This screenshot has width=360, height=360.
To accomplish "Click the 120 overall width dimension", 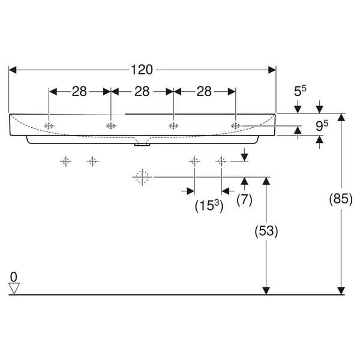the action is pyautogui.click(x=142, y=70).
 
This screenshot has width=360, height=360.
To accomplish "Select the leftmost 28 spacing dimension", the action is pyautogui.click(x=79, y=91).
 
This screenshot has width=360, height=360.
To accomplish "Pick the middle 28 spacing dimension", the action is pyautogui.click(x=142, y=91).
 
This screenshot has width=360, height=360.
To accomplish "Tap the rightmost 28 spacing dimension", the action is pyautogui.click(x=204, y=91).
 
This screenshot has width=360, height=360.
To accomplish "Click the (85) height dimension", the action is pyautogui.click(x=341, y=199).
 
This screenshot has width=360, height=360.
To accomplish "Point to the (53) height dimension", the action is pyautogui.click(x=266, y=231).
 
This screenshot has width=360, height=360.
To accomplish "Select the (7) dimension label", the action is pyautogui.click(x=245, y=200).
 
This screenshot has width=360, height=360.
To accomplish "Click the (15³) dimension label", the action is pyautogui.click(x=209, y=206).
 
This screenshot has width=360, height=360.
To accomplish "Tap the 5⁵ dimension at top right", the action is pyautogui.click(x=300, y=91).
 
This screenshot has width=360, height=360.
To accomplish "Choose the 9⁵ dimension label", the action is pyautogui.click(x=322, y=125).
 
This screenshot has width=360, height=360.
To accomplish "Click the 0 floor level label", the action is pyautogui.click(x=14, y=277).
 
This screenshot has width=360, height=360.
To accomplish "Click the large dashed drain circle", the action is pyautogui.click(x=142, y=177).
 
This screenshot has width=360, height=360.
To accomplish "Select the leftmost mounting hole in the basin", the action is pyautogui.click(x=49, y=126).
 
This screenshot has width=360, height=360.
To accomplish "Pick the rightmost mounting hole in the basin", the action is pyautogui.click(x=236, y=126).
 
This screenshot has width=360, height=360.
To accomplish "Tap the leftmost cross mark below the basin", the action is pyautogui.click(x=65, y=161).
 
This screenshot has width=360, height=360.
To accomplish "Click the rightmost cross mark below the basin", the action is pyautogui.click(x=221, y=161).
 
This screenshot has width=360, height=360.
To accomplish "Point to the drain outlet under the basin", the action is pyautogui.click(x=142, y=145).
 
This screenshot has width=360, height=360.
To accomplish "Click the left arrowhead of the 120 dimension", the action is pyautogui.click(x=13, y=70).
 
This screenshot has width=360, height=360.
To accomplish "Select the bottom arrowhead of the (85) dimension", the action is pyautogui.click(x=341, y=290).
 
